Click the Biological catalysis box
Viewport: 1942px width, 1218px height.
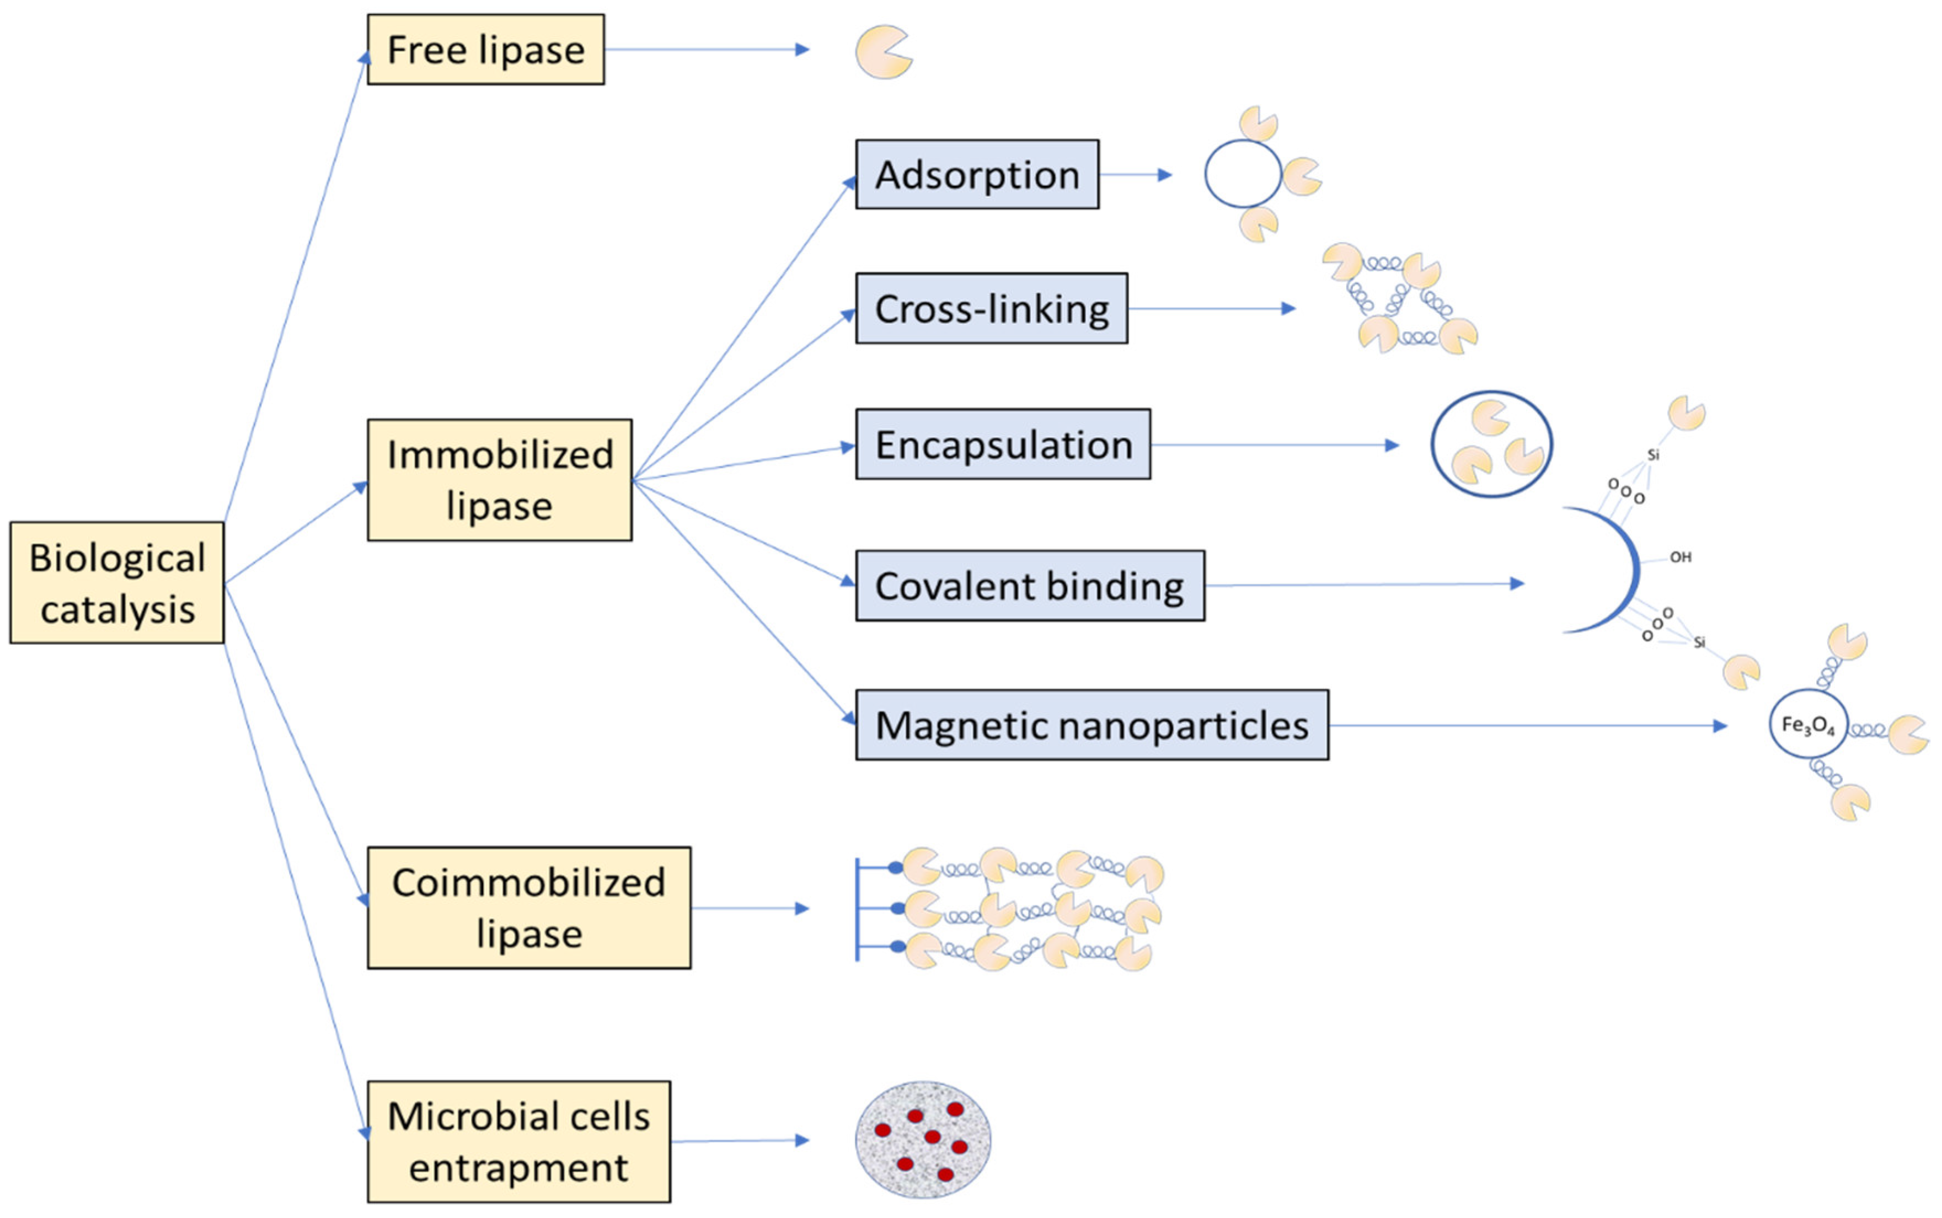pos(117,582)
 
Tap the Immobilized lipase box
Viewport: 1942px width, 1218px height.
pos(500,480)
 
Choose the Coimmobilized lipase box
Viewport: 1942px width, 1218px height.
pos(528,908)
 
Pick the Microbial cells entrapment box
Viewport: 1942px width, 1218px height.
pos(518,1141)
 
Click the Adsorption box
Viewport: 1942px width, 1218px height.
pos(977,175)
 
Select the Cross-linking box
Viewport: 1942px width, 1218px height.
pos(991,309)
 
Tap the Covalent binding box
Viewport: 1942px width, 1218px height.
pos(1030,586)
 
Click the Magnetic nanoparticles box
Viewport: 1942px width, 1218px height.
pos(1092,725)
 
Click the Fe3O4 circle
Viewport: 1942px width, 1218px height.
pos(1807,724)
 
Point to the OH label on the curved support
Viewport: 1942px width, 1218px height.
pos(1680,557)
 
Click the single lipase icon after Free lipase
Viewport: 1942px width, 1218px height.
pos(883,52)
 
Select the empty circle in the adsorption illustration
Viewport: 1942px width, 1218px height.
pos(1243,174)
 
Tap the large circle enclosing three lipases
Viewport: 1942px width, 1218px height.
pos(1491,444)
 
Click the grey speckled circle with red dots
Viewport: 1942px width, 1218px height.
pos(923,1140)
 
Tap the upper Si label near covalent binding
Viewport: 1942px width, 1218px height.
pos(1654,455)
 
